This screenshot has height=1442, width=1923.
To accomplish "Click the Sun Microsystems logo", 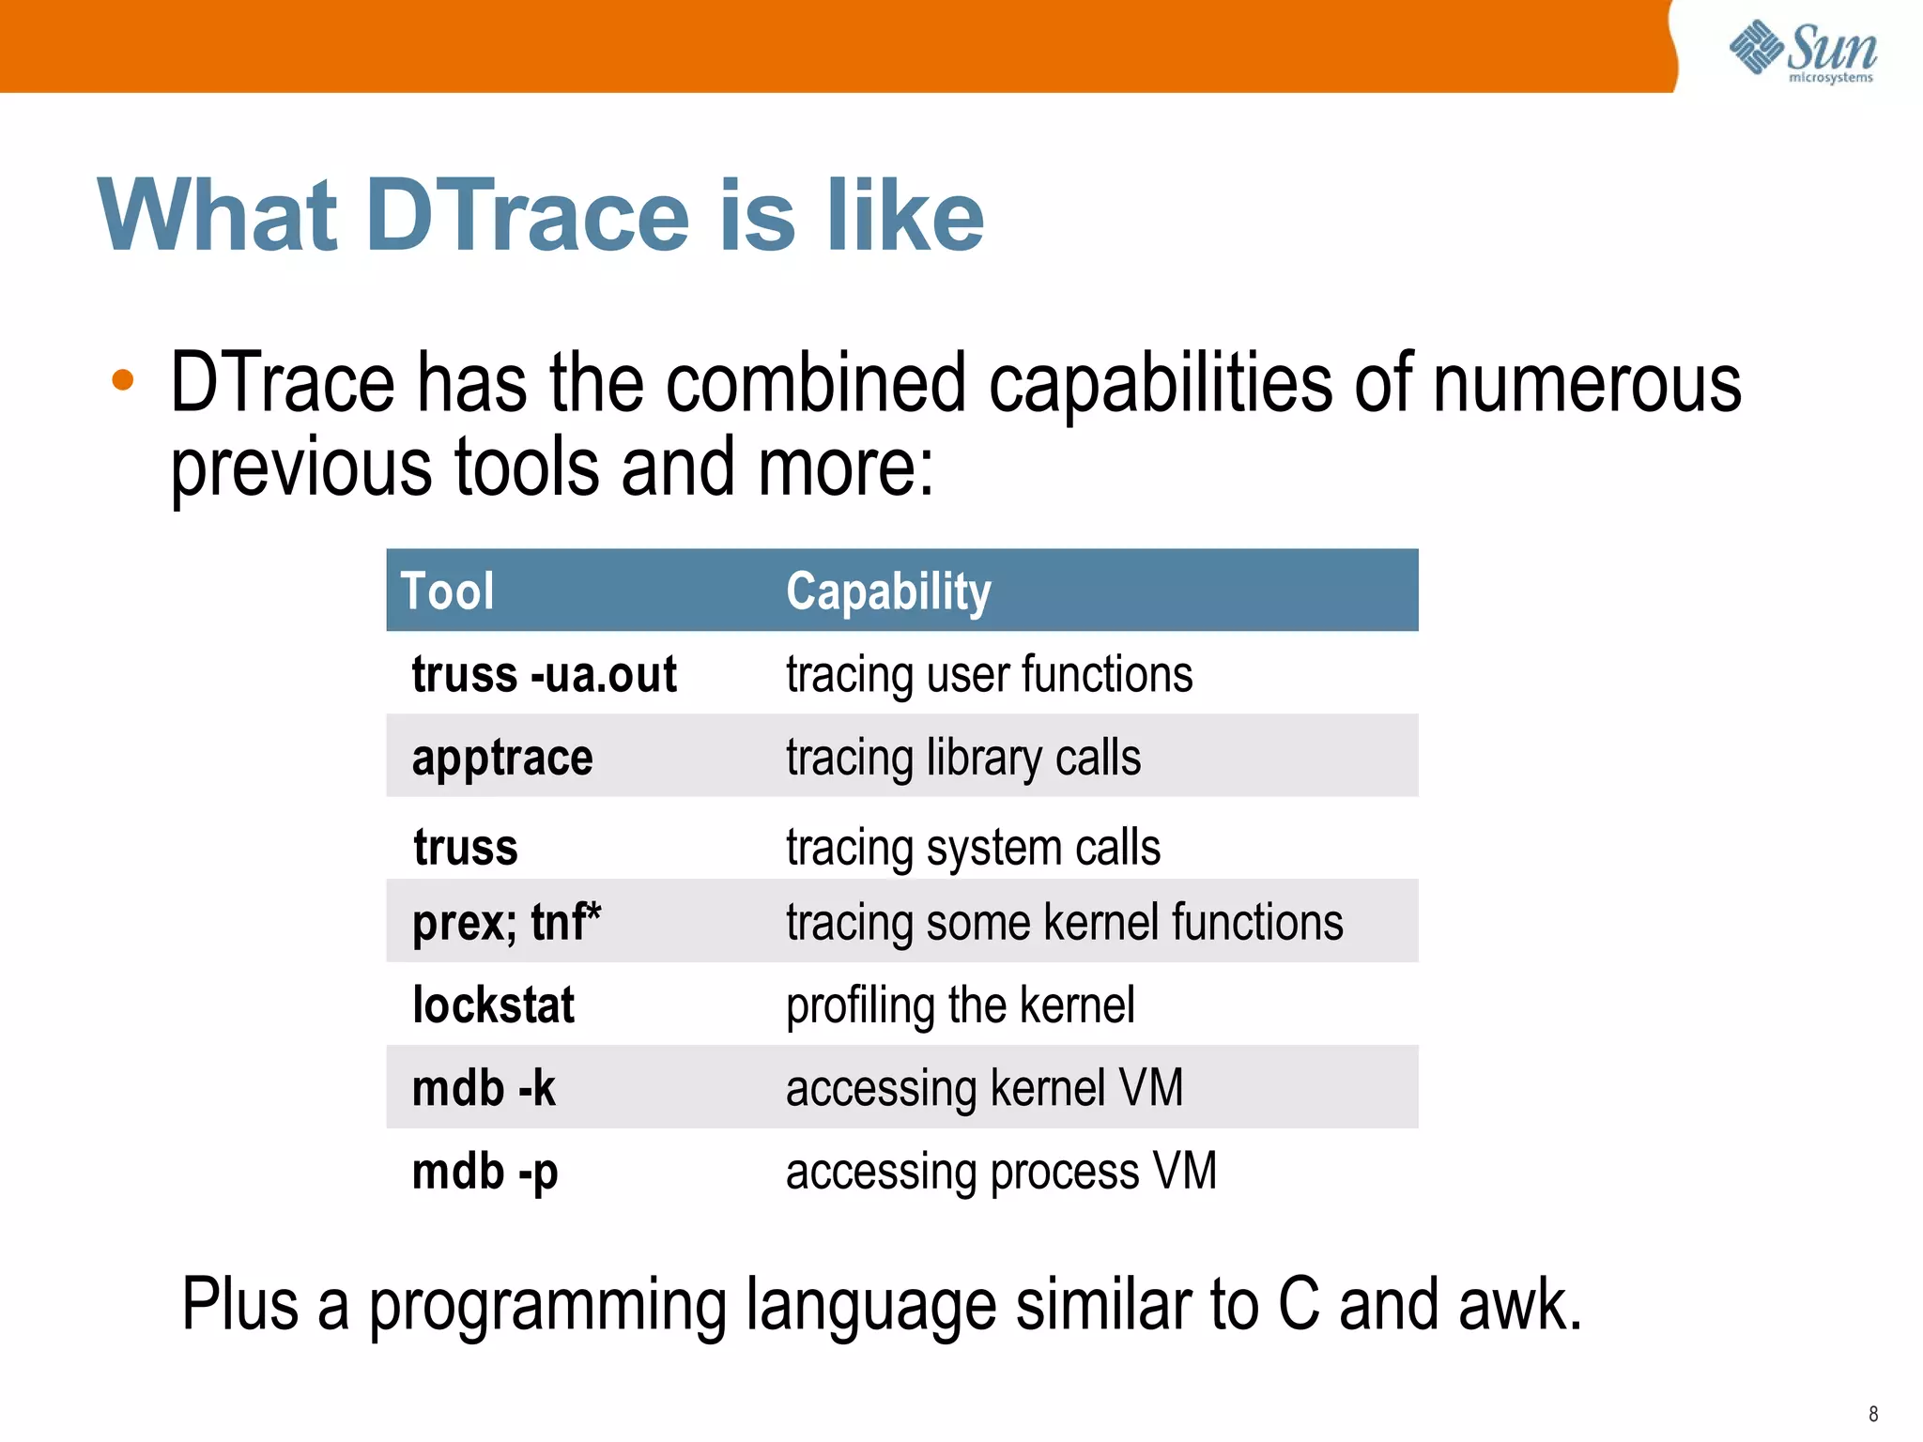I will coord(1802,52).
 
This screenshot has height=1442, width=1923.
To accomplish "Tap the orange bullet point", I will coord(123,381).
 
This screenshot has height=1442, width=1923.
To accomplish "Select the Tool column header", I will coord(447,591).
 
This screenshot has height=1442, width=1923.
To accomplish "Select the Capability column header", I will coord(888,591).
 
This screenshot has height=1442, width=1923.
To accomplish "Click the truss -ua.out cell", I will coord(544,674).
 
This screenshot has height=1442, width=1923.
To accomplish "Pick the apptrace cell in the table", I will coord(502,758).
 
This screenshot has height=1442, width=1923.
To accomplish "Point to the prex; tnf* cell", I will coord(506,922).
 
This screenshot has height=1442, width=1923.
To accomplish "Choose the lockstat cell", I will coord(493,1005).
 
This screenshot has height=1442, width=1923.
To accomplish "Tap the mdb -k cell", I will coord(484,1088).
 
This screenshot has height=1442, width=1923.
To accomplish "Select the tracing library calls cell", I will coord(963,758).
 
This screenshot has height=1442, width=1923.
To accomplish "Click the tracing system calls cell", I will coord(973,847).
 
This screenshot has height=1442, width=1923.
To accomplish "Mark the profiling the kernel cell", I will coord(960,1005).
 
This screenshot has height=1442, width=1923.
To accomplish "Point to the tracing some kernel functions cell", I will coord(1064,922).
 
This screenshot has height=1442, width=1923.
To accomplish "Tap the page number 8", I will coord(1873,1414).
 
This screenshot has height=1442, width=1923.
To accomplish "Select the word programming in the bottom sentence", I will coord(547,1307).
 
